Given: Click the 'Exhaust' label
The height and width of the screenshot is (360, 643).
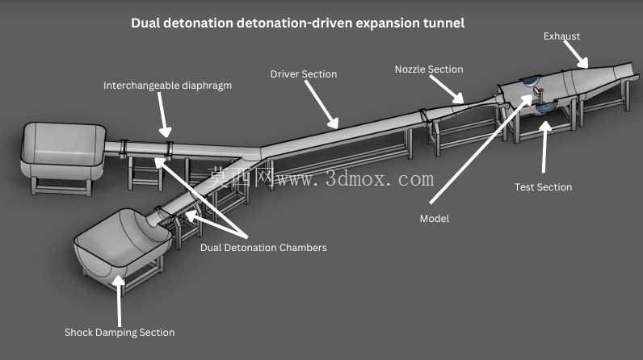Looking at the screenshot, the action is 561,36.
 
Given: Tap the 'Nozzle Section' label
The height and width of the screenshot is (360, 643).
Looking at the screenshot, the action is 429,69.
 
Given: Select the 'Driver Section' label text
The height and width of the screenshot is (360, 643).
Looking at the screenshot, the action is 304,74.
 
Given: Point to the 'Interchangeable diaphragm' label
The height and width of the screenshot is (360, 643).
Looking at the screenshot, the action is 167,86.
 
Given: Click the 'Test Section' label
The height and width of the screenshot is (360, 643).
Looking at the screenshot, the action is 543,187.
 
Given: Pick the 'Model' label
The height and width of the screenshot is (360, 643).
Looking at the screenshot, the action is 435,219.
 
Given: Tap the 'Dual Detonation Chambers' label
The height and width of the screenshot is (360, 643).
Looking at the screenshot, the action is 263,248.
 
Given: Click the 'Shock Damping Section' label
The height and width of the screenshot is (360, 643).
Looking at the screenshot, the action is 120,332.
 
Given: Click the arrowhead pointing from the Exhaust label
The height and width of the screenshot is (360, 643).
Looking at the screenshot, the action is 583,63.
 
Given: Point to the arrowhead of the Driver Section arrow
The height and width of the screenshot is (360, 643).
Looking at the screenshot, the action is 334,123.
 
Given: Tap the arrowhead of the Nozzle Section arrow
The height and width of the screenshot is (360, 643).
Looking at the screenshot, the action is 459,98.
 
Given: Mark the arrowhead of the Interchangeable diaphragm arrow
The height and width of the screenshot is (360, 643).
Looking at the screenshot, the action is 166,132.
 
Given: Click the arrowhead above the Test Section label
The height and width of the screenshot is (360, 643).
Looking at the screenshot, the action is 545,126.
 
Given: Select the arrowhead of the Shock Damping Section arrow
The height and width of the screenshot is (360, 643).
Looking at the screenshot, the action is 119,281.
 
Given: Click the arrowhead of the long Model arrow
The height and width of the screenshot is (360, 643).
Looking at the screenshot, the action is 527,100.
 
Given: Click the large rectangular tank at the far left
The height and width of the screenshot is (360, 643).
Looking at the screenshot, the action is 63,151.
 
